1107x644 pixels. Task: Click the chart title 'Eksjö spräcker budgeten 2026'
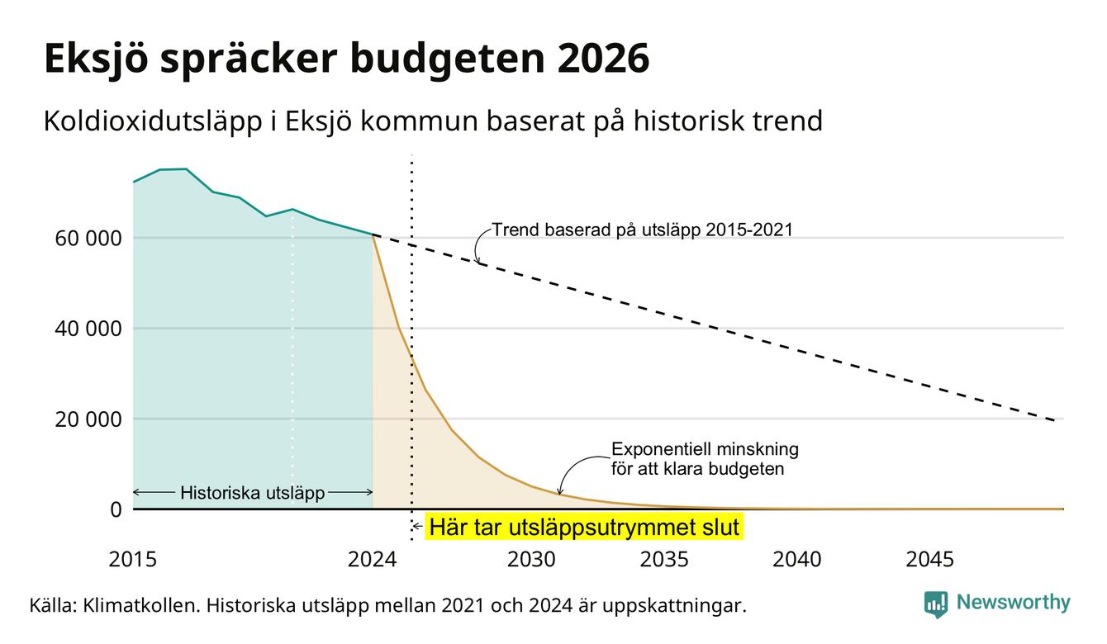[x=346, y=59]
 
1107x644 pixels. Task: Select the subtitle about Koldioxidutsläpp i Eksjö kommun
[x=433, y=121]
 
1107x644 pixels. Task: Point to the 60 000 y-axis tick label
[x=88, y=239]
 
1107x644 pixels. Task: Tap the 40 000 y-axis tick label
[x=88, y=329]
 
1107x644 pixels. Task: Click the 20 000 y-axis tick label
[x=88, y=419]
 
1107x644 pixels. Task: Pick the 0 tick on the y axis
[x=116, y=509]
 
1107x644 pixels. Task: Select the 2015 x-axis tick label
[x=132, y=560]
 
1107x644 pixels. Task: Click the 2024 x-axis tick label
[x=372, y=560]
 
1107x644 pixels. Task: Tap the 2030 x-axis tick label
[x=532, y=560]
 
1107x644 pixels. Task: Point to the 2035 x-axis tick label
[x=664, y=560]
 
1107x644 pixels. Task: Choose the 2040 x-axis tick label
[x=797, y=560]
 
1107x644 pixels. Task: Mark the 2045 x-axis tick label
[x=929, y=560]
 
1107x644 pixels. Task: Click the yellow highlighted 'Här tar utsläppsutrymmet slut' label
[x=584, y=528]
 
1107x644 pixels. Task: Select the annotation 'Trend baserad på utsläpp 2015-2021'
[x=642, y=230]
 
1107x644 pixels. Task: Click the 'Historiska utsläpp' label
[x=253, y=493]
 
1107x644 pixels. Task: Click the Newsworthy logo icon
[x=936, y=604]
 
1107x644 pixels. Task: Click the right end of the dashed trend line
[x=1055, y=420]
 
